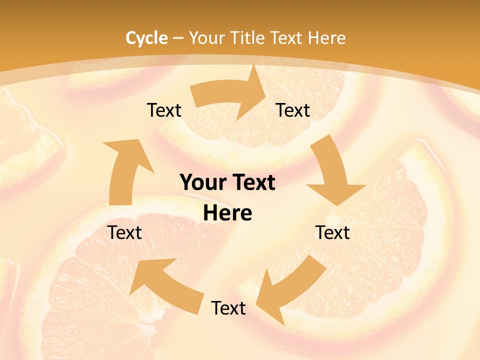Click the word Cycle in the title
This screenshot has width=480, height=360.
[x=146, y=38]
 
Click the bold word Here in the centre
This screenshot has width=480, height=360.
[x=228, y=213]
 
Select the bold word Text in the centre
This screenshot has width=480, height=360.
[x=253, y=183]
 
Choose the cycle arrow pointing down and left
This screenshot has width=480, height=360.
[x=290, y=290]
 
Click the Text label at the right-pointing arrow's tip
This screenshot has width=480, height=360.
[x=293, y=110]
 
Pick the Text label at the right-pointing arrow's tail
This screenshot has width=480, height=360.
[x=164, y=110]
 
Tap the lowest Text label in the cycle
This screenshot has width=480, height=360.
[x=228, y=308]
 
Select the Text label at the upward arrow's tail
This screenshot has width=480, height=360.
[x=125, y=232]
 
